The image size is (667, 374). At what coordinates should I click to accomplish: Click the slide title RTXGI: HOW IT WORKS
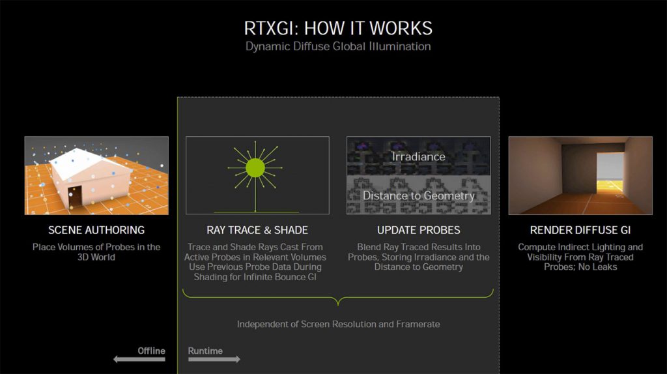point(337,28)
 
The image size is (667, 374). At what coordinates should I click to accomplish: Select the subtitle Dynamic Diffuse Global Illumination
point(337,47)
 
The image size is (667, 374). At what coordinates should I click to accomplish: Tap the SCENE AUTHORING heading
point(96,230)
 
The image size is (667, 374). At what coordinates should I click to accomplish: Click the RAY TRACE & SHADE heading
point(257,230)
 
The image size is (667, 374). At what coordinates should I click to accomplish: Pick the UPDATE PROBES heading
point(418,230)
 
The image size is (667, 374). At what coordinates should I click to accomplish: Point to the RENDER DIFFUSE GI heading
point(580,230)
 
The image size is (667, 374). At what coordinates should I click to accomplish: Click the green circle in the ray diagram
point(255,168)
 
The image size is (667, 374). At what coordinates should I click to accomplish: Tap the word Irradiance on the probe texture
point(418,156)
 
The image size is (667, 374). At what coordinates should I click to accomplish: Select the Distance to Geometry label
point(418,195)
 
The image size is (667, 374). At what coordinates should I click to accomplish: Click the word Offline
point(151,351)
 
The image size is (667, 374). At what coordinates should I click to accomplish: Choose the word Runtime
point(205,351)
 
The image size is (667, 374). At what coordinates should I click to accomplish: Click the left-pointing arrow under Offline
point(138,359)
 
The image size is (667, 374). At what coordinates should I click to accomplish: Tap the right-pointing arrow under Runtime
point(214,359)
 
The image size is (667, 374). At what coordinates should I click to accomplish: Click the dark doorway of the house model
point(75,195)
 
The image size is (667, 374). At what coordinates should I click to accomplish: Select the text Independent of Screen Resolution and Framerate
point(338,324)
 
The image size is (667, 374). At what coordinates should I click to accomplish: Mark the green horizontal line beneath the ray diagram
point(255,212)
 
